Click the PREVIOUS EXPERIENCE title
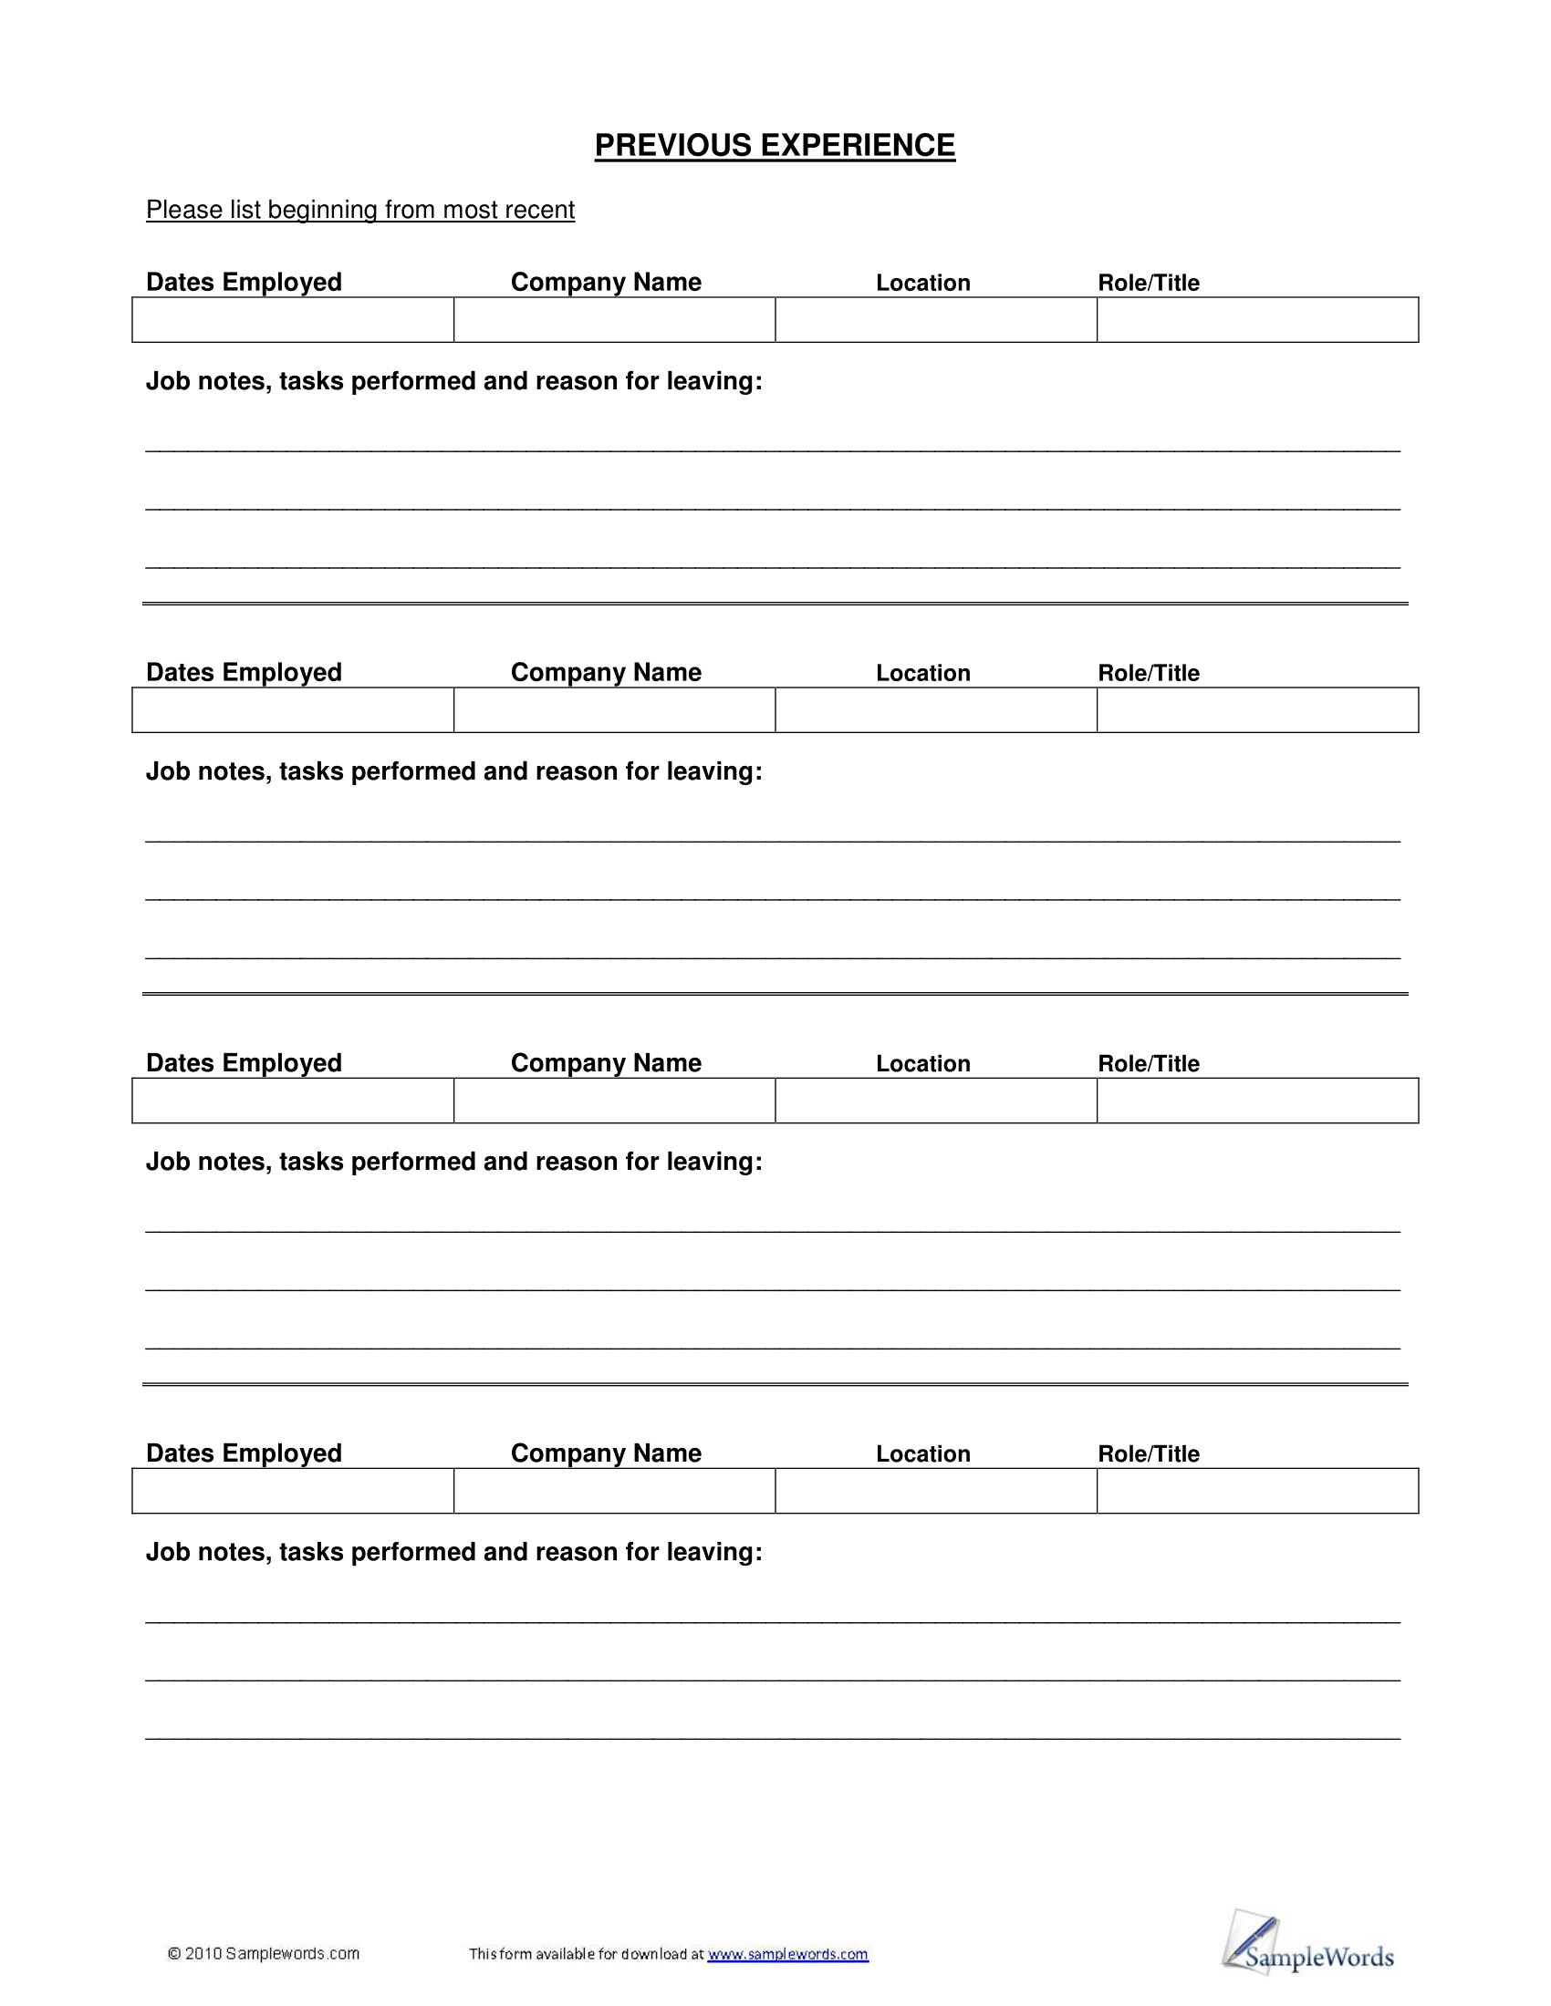click(775, 146)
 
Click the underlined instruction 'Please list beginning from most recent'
click(360, 211)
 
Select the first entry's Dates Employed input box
click(293, 320)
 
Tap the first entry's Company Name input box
click(614, 320)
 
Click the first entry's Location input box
click(935, 320)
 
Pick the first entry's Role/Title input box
click(1257, 320)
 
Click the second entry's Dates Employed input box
click(293, 710)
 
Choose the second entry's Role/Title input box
click(1257, 710)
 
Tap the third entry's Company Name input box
click(614, 1101)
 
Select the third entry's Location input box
click(935, 1101)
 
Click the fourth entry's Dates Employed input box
click(293, 1491)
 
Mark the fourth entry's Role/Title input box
click(1257, 1491)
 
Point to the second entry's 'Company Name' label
click(606, 672)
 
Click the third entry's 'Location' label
click(922, 1063)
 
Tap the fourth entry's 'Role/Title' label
click(1149, 1454)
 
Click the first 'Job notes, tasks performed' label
click(454, 381)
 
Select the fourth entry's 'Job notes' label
click(454, 1552)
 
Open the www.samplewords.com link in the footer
click(787, 1954)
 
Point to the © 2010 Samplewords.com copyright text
click(264, 1954)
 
